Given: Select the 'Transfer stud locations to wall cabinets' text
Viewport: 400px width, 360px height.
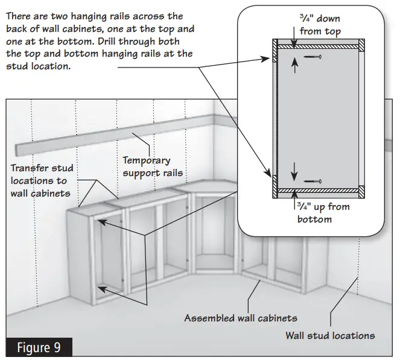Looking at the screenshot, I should (x=41, y=180).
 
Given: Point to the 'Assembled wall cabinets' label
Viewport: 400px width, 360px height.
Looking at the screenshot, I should (x=240, y=318).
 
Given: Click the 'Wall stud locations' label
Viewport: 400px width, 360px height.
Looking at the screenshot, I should (x=331, y=335).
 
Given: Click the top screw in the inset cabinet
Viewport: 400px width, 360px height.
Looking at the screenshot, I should (x=314, y=58).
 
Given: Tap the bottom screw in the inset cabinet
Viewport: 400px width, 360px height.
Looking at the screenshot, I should (x=314, y=180).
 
